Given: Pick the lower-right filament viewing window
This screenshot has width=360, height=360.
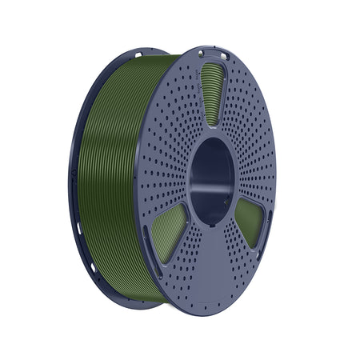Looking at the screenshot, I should [250, 221].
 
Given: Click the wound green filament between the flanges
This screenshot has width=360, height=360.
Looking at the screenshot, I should [112, 176].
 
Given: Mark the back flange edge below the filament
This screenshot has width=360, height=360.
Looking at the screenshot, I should [120, 298].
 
